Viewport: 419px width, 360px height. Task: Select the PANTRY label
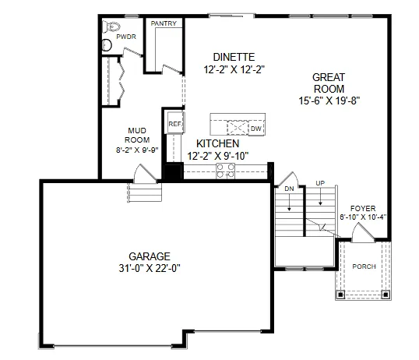click(164, 23)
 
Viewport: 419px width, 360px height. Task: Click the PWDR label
click(125, 36)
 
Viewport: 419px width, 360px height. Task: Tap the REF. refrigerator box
click(174, 124)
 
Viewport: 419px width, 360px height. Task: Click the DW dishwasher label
click(255, 128)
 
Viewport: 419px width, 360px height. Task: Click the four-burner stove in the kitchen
click(224, 174)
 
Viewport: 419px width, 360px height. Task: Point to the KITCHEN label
click(217, 144)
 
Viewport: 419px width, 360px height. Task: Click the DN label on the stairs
click(289, 189)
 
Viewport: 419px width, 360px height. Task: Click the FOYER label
click(362, 207)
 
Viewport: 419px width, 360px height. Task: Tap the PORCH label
click(364, 267)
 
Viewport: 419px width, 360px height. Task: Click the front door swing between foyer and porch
click(359, 231)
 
